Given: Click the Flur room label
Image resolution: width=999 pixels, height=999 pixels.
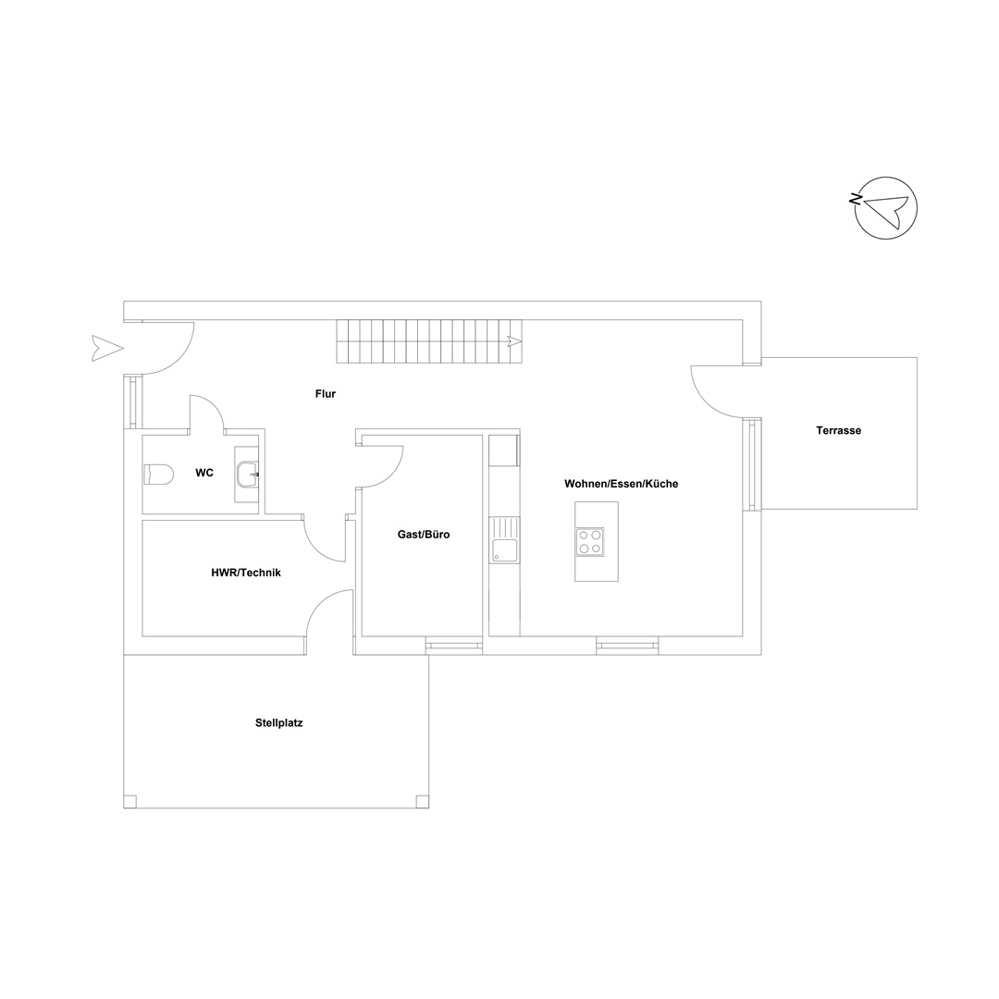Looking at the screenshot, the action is pos(325,394).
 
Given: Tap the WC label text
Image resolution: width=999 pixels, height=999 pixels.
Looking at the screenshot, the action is pos(204,473).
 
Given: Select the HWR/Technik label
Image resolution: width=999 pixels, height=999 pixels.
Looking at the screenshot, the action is pos(246,573).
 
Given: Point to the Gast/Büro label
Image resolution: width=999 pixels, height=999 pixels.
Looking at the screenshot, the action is pos(424,535).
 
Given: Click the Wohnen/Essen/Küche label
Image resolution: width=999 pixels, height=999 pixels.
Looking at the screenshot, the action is pos(622,484).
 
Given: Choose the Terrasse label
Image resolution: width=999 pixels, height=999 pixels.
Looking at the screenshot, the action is pos(838,431).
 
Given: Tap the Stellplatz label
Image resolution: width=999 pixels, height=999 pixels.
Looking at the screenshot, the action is pos(279,723).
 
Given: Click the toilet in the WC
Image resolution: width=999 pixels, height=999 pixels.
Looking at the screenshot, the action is pos(159,474).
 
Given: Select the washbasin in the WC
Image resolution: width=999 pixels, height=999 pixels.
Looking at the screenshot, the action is pos(248,474).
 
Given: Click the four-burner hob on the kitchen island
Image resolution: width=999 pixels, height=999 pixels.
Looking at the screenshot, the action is pos(590,541).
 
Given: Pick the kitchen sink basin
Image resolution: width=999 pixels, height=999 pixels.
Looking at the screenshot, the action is pos(503,550).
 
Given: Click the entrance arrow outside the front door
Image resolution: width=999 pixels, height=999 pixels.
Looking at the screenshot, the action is pos(107,348).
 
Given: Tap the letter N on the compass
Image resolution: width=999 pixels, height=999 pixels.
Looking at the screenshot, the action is pos(855,199).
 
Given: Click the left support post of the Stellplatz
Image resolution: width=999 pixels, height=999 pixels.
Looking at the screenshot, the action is pos(130,801).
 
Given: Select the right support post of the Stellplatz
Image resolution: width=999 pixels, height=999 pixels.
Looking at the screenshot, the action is pos(423,801).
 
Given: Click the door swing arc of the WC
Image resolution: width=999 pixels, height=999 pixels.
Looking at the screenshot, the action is pos(206,413).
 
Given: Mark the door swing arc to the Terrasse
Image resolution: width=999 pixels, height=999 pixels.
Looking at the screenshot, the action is pos(718,391).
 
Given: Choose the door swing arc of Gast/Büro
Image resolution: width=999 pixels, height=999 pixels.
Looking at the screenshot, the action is pos(380,466).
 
